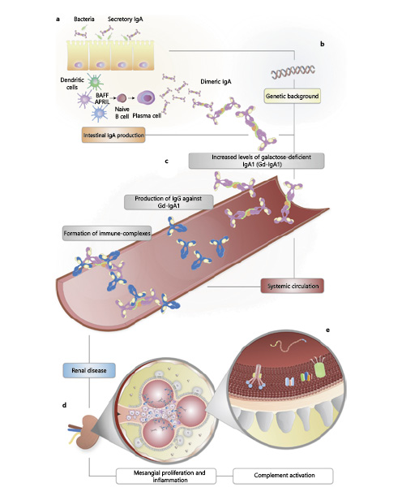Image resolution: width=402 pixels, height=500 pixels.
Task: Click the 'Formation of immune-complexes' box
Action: [107, 235]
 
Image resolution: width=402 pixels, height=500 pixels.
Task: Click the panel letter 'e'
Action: [327, 331]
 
